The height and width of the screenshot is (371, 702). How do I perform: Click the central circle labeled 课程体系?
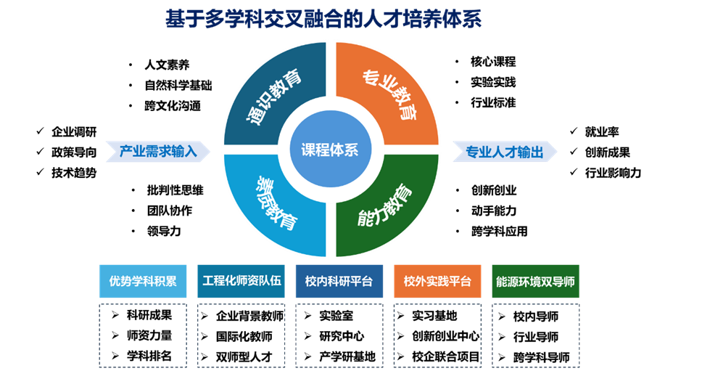coord(330,150)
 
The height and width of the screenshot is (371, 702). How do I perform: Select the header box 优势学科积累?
coord(143,281)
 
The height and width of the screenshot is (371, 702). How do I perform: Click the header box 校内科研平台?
coord(339,281)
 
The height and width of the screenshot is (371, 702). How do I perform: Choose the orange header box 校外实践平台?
coord(437,281)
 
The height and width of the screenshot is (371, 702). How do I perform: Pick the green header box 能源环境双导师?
coord(535,281)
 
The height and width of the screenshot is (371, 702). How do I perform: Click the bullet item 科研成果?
coord(149,315)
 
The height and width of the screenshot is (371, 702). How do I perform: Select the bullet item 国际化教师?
coord(244,336)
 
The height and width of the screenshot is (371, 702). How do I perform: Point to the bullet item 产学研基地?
coord(347,356)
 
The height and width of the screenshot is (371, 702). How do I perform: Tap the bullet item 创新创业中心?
coord(445,336)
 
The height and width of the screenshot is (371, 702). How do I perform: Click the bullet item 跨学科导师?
coord(541,357)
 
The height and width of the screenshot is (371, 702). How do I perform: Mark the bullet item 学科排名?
coord(149,356)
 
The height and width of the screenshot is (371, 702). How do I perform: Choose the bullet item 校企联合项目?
coord(446,356)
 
